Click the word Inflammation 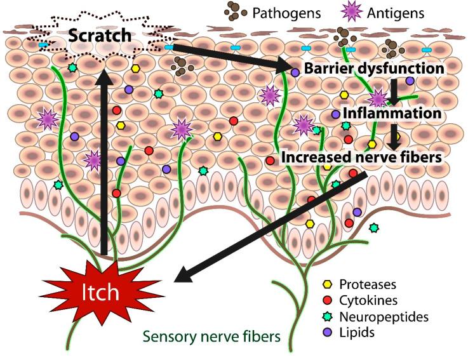391,114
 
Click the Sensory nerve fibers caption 211,336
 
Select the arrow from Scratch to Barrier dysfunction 229,57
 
